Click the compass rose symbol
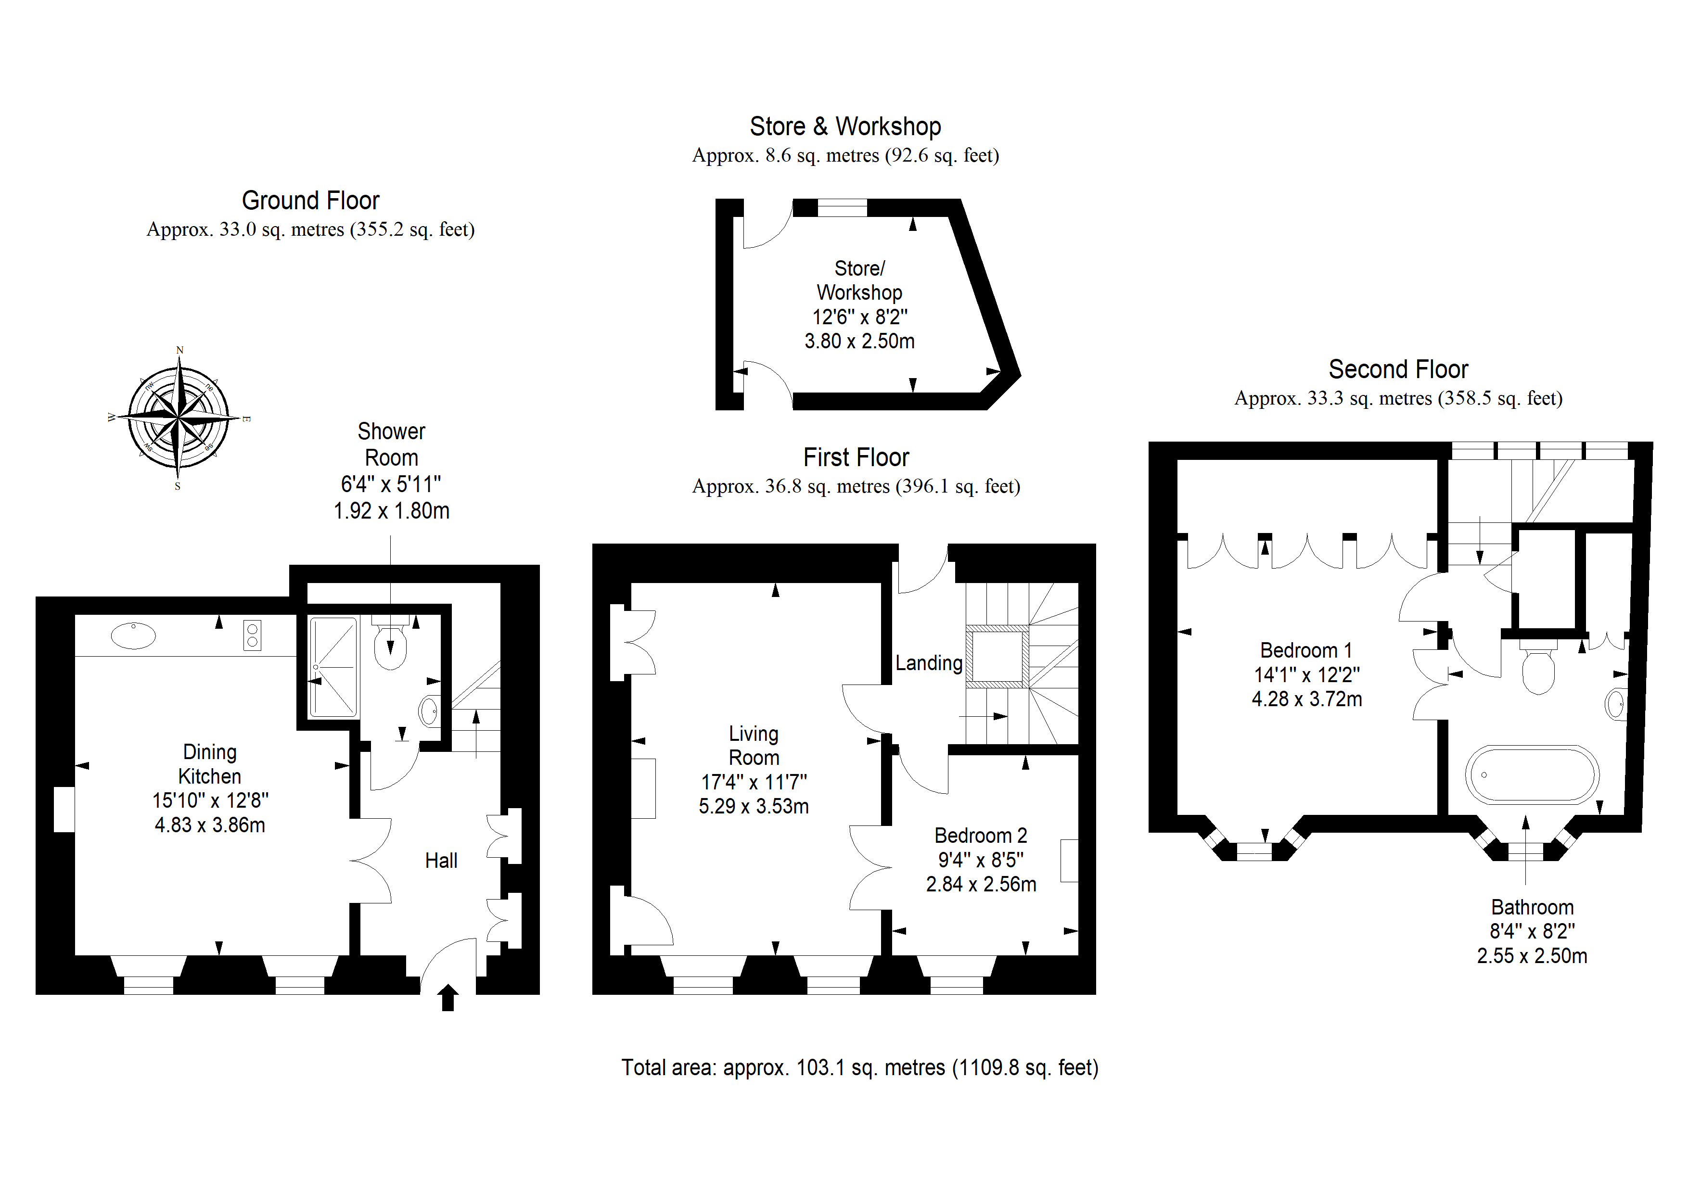click(179, 418)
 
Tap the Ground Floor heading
click(310, 201)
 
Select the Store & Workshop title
click(845, 127)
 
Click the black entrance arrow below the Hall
click(448, 998)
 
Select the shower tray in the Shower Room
click(334, 667)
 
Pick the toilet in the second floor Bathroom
click(1538, 666)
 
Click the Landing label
click(929, 663)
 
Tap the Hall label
click(441, 861)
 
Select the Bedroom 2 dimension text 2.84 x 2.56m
click(981, 884)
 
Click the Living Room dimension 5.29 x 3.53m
click(754, 806)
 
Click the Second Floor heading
click(1398, 369)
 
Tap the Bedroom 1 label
click(1306, 650)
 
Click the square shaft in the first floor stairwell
click(997, 657)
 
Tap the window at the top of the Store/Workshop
click(843, 208)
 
